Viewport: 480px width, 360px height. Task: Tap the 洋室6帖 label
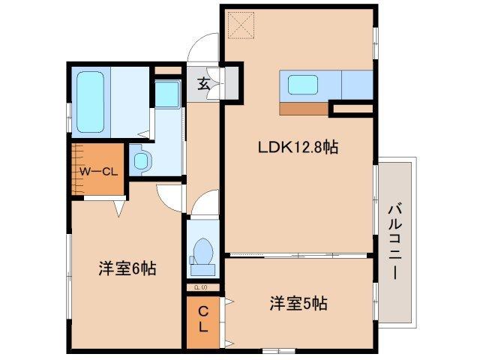(x=127, y=268)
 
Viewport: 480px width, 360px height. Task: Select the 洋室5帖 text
(x=298, y=304)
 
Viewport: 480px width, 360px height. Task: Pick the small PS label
(x=199, y=286)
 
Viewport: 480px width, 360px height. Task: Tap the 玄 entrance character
(x=203, y=83)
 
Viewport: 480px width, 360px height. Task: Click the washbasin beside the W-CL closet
(x=141, y=159)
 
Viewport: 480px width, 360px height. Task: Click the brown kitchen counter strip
(x=304, y=108)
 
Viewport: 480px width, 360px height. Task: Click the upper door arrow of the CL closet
(x=229, y=303)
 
